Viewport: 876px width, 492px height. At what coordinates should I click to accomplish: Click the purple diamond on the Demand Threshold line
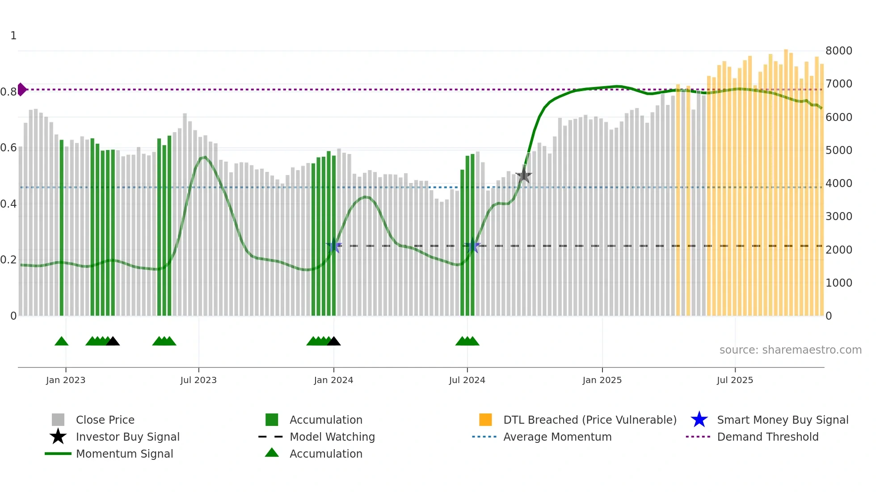pyautogui.click(x=21, y=89)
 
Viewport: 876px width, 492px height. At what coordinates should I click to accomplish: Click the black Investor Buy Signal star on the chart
pyautogui.click(x=524, y=175)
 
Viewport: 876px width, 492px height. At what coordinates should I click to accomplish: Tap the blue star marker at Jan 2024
pyautogui.click(x=334, y=246)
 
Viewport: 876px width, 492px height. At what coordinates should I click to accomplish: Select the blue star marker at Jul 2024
pyautogui.click(x=473, y=246)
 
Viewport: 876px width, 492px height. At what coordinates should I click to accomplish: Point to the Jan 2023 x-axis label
pyautogui.click(x=66, y=380)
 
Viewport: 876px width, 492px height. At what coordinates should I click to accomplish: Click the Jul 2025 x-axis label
pyautogui.click(x=735, y=380)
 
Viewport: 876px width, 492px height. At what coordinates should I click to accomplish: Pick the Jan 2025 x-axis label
pyautogui.click(x=602, y=380)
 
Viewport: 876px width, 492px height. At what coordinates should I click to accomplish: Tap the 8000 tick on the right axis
pyautogui.click(x=838, y=51)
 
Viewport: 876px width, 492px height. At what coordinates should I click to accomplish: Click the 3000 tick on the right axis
pyautogui.click(x=838, y=217)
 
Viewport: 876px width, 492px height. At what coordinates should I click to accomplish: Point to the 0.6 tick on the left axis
pyautogui.click(x=8, y=148)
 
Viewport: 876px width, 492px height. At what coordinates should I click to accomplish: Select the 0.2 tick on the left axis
pyautogui.click(x=8, y=260)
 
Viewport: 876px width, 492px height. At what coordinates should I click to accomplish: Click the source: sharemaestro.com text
pyautogui.click(x=790, y=350)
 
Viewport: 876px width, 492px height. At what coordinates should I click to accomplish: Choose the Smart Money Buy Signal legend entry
pyautogui.click(x=782, y=420)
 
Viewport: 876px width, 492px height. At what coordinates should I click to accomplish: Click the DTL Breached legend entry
pyautogui.click(x=590, y=420)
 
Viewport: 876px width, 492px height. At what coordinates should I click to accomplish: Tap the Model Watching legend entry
pyautogui.click(x=332, y=437)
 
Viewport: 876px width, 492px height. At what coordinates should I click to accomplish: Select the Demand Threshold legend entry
pyautogui.click(x=767, y=437)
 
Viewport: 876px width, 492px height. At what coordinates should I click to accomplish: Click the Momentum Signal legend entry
pyautogui.click(x=124, y=454)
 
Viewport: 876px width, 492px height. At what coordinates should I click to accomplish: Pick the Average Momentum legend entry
pyautogui.click(x=557, y=437)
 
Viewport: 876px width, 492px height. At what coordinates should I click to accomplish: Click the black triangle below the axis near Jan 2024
pyautogui.click(x=334, y=342)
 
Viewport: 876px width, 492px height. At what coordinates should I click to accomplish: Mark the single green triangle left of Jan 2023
pyautogui.click(x=62, y=342)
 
